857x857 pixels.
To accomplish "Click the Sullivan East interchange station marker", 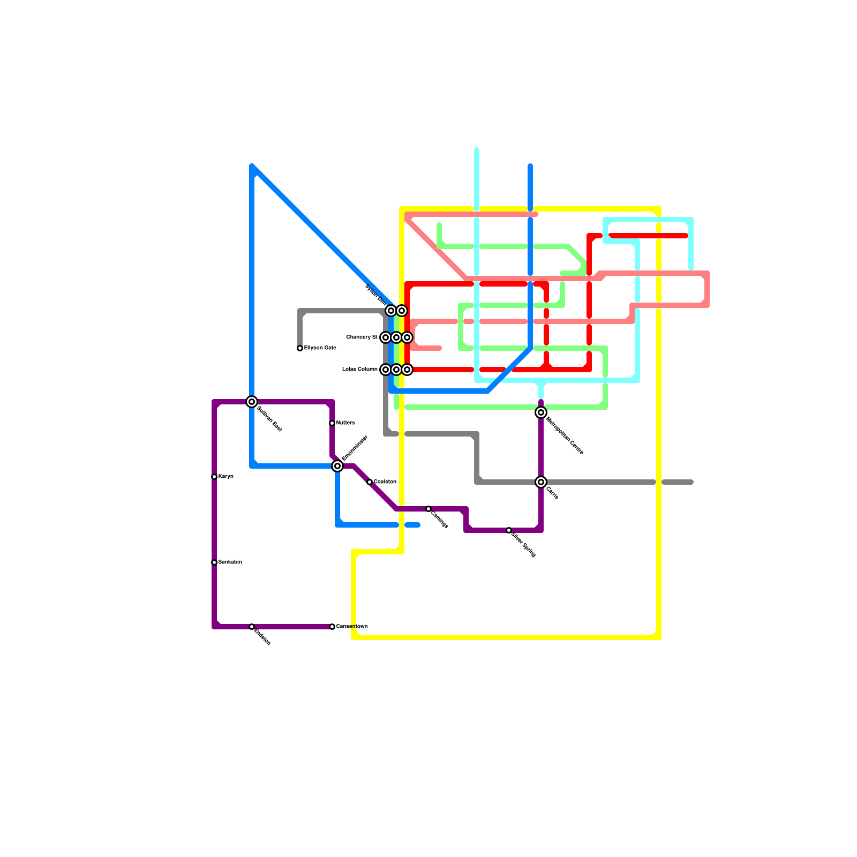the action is (x=252, y=402).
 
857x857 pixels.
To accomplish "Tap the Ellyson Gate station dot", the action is (x=300, y=349).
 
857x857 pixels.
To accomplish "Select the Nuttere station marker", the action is (x=332, y=423).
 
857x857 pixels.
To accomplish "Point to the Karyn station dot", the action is (x=214, y=477).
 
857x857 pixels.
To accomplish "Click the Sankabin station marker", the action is (x=214, y=562).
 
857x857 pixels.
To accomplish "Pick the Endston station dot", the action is (x=252, y=627).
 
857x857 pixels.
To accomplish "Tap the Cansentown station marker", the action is (x=332, y=627).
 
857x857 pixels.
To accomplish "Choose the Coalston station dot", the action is (x=370, y=482).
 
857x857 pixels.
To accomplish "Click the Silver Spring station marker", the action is (x=509, y=530).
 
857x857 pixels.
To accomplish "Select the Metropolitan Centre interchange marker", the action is (x=541, y=412).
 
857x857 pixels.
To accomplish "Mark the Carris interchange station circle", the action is (x=541, y=482).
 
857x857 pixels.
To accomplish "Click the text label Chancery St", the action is (x=362, y=337).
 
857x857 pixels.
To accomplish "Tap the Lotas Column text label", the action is (x=360, y=370).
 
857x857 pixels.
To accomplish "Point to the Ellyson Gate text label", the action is (x=320, y=348).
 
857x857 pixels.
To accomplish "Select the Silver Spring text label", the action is (x=524, y=544).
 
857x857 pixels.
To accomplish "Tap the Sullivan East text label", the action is (x=269, y=419).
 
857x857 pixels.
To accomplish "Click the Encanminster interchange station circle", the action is (x=337, y=466).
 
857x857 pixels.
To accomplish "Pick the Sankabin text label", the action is (x=230, y=562).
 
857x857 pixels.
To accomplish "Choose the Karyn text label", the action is (x=226, y=477).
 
